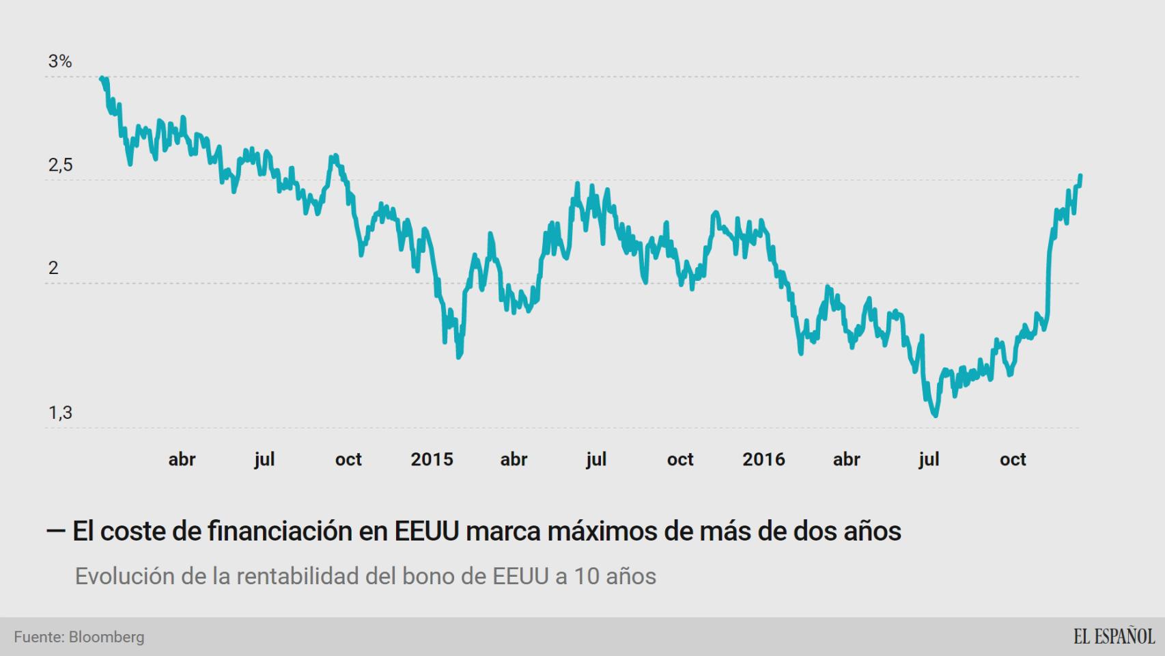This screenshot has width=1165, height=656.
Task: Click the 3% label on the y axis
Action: pos(60,61)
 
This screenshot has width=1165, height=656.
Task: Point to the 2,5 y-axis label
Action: pos(60,165)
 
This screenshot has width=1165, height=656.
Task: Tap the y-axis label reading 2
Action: pos(53,268)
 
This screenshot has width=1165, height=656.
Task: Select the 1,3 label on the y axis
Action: pos(60,413)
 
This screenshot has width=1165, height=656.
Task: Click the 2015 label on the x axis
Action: pos(432,459)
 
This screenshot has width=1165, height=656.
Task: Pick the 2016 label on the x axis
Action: pos(763,459)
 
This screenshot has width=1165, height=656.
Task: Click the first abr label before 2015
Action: pos(182,459)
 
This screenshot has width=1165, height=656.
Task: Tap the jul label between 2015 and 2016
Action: pos(596,459)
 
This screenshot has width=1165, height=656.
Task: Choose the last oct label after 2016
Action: pos(1013,459)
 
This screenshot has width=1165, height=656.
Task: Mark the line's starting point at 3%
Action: pos(102,78)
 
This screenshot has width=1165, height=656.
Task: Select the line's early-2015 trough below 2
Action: pos(459,355)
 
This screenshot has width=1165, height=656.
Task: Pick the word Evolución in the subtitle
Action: pos(124,576)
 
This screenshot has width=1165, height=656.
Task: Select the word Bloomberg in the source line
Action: pos(107,637)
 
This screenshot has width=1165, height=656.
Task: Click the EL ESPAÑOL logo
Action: pos(1113,637)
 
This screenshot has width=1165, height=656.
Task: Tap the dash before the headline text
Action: pos(55,530)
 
